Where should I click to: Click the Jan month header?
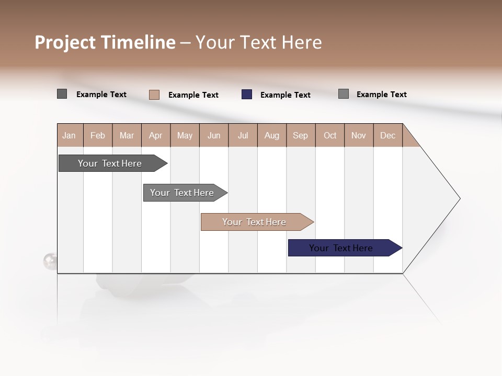tap(70, 135)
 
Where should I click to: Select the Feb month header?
tap(98, 135)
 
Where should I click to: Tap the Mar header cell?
tap(127, 135)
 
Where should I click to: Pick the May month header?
tap(185, 135)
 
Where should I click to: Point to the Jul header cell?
tap(243, 135)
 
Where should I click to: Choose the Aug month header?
tap(272, 135)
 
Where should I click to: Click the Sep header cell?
tap(301, 135)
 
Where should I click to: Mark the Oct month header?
tap(330, 135)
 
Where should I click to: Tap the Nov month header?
tap(359, 135)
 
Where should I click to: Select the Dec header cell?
tap(387, 135)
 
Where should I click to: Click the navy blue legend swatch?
tap(247, 95)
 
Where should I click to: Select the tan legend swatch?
tap(154, 95)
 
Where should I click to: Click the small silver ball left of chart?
tap(50, 261)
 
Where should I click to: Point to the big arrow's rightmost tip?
tap(459, 198)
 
